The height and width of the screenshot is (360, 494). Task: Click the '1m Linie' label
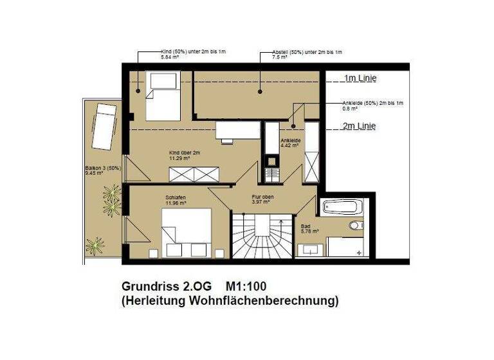click(x=360, y=79)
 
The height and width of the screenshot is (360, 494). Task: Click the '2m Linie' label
click(x=360, y=125)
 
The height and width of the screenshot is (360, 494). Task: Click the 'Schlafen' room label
click(x=176, y=198)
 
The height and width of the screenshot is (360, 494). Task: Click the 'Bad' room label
click(x=306, y=226)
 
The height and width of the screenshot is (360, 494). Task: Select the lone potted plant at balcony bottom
click(x=96, y=246)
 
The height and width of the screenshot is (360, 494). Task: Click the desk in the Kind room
click(x=233, y=131)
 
